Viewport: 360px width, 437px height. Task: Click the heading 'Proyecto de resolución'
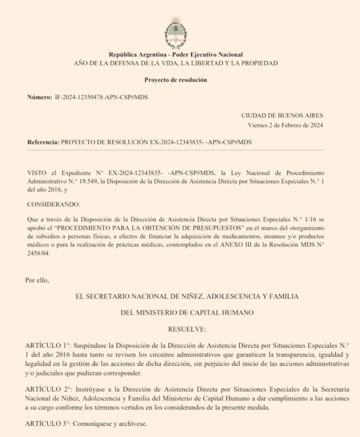pos(176,80)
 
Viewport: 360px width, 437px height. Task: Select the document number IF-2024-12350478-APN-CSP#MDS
pos(101,97)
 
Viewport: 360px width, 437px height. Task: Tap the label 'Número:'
pos(40,97)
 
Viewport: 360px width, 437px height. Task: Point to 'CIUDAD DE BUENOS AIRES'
pos(282,116)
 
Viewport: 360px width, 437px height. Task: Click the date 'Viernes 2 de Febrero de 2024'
pos(285,125)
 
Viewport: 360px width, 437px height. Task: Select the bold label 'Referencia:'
pos(43,142)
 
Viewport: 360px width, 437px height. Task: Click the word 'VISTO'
pos(37,173)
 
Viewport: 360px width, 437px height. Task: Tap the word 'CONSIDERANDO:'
pos(54,204)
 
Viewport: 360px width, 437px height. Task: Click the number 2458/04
pos(38,253)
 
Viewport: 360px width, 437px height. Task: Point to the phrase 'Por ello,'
pos(37,280)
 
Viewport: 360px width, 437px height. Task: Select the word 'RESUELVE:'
pos(187,329)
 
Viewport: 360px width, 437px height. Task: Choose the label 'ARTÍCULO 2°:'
pos(49,389)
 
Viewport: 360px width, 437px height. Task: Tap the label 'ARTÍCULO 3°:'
pos(48,424)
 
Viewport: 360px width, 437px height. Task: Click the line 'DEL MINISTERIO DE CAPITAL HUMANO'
pos(187,313)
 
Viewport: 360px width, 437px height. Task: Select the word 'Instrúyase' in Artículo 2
pos(90,389)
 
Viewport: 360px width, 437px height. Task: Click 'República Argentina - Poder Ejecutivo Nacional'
pos(176,55)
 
